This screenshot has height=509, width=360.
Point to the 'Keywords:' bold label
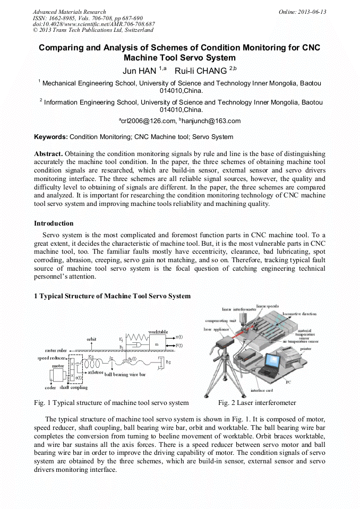pos(51,137)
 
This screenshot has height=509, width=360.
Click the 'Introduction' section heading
pos(54,223)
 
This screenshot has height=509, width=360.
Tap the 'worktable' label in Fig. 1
pos(158,332)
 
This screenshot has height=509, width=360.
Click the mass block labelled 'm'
pos(157,344)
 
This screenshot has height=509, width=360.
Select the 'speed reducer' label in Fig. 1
pos(52,358)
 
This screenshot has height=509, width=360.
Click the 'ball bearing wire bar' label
pos(125,375)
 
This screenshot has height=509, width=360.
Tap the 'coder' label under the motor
pos(50,388)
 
